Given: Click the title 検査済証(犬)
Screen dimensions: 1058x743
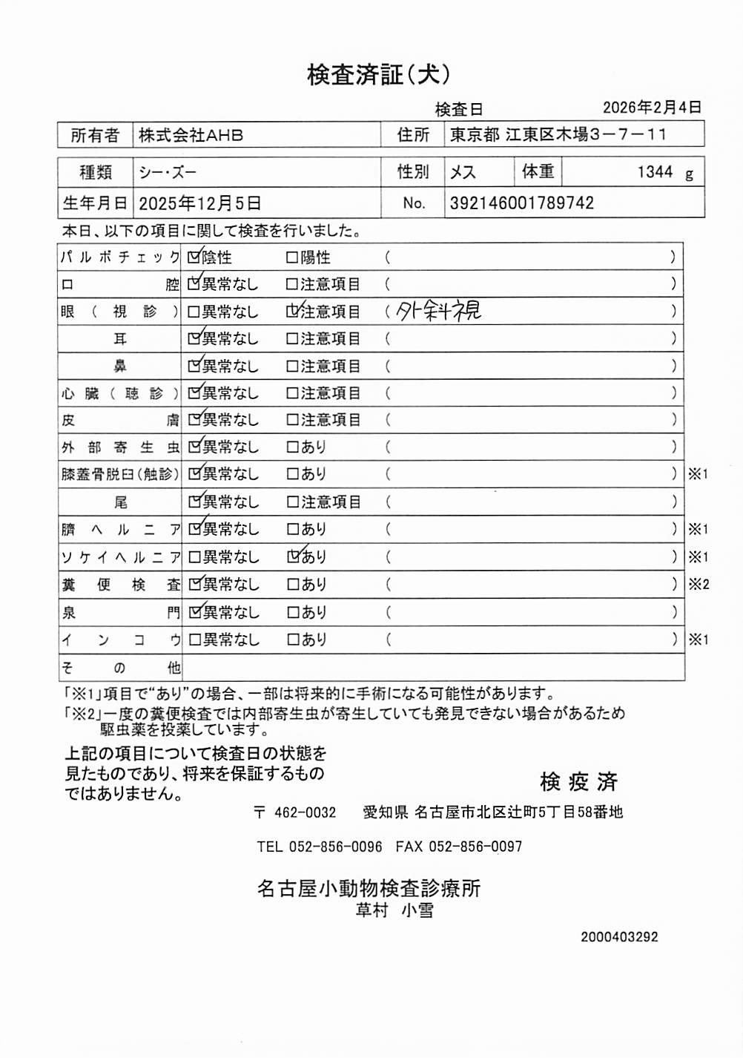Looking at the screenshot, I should (x=378, y=74).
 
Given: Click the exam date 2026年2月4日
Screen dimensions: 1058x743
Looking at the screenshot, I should (x=651, y=108).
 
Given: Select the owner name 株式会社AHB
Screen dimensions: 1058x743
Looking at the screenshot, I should (x=191, y=136).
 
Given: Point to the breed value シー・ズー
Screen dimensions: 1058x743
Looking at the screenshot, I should (x=168, y=173).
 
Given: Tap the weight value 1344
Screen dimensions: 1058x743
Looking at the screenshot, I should (x=655, y=172).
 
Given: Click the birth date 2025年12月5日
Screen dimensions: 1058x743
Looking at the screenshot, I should (x=199, y=203).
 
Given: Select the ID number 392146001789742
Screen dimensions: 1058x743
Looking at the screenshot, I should (x=521, y=203).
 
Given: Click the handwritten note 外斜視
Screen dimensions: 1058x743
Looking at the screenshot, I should (x=439, y=311).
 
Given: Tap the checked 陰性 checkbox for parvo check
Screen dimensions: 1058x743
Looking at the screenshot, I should (x=194, y=257).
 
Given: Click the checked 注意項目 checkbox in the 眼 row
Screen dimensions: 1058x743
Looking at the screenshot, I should (x=293, y=312).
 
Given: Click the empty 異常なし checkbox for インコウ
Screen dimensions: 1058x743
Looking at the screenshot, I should (x=194, y=640).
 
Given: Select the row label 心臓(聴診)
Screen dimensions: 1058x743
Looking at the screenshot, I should (x=119, y=393).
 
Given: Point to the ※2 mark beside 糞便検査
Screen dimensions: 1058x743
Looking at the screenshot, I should (x=699, y=584).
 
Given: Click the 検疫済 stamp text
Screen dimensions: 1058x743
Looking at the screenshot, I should (x=578, y=781).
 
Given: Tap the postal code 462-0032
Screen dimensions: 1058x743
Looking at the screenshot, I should (x=305, y=812).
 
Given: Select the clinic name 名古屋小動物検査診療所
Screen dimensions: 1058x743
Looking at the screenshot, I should (x=369, y=888).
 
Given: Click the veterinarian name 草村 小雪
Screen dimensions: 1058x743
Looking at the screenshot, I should (x=394, y=910).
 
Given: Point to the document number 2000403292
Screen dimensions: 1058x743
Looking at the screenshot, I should (x=619, y=937).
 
